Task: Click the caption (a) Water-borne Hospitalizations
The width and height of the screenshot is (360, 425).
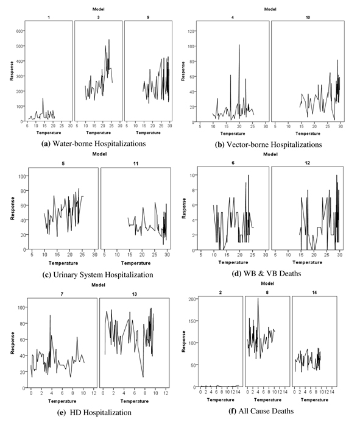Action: point(93,143)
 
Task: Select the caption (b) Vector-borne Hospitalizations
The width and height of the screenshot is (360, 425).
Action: point(269,145)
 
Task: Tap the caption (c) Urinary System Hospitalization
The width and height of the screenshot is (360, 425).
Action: point(98,274)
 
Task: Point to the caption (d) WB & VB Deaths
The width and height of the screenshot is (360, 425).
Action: point(267,273)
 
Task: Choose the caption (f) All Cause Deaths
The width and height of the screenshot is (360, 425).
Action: point(261,411)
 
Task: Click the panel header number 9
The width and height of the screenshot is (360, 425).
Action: point(148,17)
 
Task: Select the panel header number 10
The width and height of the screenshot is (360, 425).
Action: point(308,17)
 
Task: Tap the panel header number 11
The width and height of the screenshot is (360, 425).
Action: point(136,163)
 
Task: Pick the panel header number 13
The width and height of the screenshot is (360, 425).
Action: point(134,294)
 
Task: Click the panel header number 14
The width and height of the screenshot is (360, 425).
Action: point(314,293)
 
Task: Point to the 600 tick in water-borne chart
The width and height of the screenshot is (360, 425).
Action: point(19,31)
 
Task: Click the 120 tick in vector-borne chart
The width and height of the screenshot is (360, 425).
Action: point(191,31)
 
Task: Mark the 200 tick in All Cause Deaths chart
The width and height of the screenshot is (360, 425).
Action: point(192,299)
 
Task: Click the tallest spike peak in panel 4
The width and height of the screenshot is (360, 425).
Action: point(239,45)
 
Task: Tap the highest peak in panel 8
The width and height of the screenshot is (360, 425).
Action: point(258,298)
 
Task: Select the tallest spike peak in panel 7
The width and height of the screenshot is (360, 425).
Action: point(50,315)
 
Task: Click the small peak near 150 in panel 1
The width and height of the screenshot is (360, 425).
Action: point(43,99)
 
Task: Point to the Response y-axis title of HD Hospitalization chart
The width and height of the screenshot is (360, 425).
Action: point(12,343)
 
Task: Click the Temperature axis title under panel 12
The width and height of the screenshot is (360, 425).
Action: point(307,262)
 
